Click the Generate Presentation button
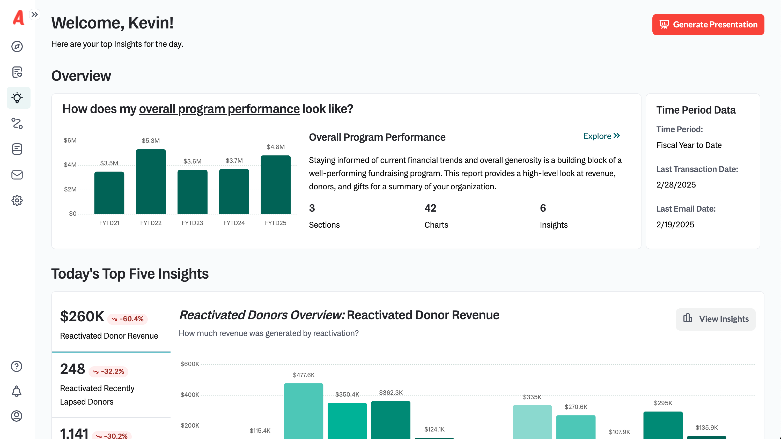click(708, 25)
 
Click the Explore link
click(601, 136)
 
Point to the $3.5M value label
click(109, 163)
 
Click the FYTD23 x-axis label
click(192, 223)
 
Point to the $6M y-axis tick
click(70, 140)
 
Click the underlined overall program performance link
click(219, 109)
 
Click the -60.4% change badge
click(128, 319)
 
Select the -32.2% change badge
click(108, 371)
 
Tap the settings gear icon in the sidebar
click(17, 200)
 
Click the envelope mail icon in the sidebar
click(17, 175)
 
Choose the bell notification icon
click(17, 391)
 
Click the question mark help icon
click(17, 366)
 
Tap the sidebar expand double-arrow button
click(35, 14)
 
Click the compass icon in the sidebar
click(17, 46)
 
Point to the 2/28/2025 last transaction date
click(676, 185)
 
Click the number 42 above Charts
click(430, 208)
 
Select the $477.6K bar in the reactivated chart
click(304, 411)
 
